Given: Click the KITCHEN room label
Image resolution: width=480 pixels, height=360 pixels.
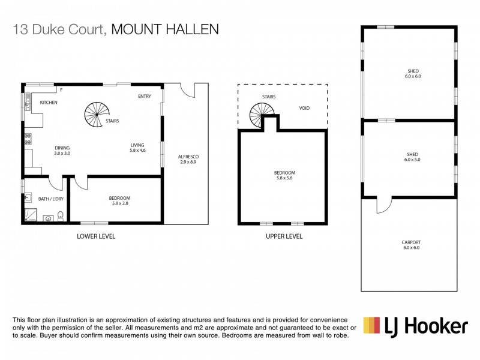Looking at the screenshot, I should pos(49,103).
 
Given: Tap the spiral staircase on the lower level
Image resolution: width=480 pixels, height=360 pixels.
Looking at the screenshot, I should pos(96,114).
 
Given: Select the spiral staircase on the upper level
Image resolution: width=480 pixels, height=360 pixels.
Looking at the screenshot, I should pos(263,114).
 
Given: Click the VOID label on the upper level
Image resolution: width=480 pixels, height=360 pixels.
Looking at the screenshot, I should pos(304,109).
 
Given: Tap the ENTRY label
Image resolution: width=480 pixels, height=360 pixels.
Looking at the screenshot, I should pos(144,96).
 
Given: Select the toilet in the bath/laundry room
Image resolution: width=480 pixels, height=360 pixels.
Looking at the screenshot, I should pos(61,217).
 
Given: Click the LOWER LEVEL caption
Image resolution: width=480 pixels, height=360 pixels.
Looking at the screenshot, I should pos(96,236).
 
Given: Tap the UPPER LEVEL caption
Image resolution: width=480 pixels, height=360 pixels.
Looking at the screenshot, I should pos(284,236).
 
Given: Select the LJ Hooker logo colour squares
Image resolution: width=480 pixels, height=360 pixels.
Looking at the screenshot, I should pos(372,326).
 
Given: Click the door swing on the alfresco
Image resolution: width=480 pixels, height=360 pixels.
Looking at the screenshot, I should pos(189,91).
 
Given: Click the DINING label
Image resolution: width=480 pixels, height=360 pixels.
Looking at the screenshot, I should pos(62,148).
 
